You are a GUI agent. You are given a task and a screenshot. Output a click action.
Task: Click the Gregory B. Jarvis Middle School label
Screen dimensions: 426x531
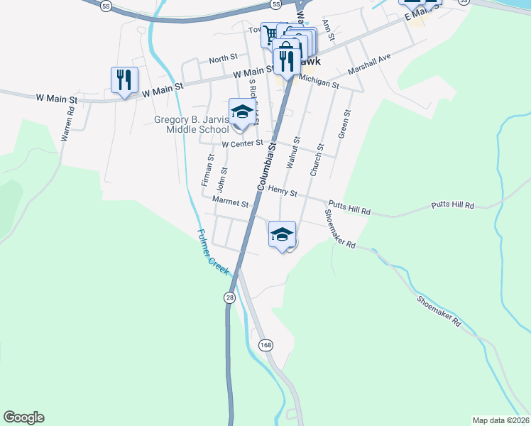tap(191, 124)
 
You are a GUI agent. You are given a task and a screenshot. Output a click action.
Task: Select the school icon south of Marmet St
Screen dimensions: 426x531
tap(282, 234)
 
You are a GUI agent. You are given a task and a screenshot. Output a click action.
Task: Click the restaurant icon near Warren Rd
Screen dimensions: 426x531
tap(124, 80)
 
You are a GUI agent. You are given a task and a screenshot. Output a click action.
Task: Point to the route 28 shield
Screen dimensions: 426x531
tap(229, 298)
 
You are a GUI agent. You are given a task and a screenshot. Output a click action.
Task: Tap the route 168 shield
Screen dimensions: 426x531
tap(265, 345)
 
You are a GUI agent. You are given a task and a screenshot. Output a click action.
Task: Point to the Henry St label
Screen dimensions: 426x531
tap(282, 193)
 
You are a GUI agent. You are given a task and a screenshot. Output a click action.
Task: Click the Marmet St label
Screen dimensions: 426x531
tap(231, 203)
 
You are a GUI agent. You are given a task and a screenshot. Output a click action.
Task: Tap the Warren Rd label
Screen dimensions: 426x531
tap(67, 124)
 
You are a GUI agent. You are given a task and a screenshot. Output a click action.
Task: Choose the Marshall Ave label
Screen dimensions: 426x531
tap(369, 66)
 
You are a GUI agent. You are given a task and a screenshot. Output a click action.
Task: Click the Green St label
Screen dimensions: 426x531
tap(345, 124)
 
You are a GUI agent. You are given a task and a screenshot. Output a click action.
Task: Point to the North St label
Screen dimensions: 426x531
tap(223, 59)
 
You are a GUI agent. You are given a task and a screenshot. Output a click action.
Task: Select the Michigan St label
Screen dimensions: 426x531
tap(319, 83)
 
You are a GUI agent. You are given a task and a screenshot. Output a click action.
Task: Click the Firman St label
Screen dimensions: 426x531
tap(207, 171)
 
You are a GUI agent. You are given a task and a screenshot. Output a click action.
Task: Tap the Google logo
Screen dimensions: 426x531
tap(23, 417)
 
